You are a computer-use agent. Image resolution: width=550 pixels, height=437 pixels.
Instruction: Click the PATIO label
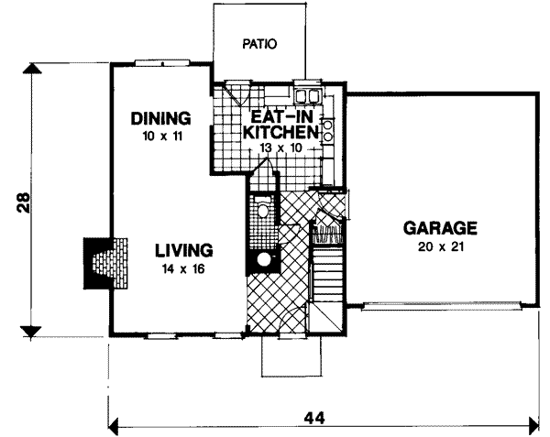tap(259, 43)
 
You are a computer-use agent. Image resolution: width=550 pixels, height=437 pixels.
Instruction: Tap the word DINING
tap(159, 118)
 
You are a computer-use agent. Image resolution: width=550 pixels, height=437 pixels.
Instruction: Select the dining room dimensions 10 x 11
tap(159, 135)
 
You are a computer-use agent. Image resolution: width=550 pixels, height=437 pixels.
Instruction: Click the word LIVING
tap(183, 249)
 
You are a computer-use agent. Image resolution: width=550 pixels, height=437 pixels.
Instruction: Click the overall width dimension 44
tap(314, 418)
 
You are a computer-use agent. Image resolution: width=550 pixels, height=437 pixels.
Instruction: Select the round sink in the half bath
tap(264, 259)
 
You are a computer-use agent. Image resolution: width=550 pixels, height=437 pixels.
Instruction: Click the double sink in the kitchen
tap(307, 95)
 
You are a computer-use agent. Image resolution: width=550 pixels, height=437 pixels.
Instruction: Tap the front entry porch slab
tap(291, 357)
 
